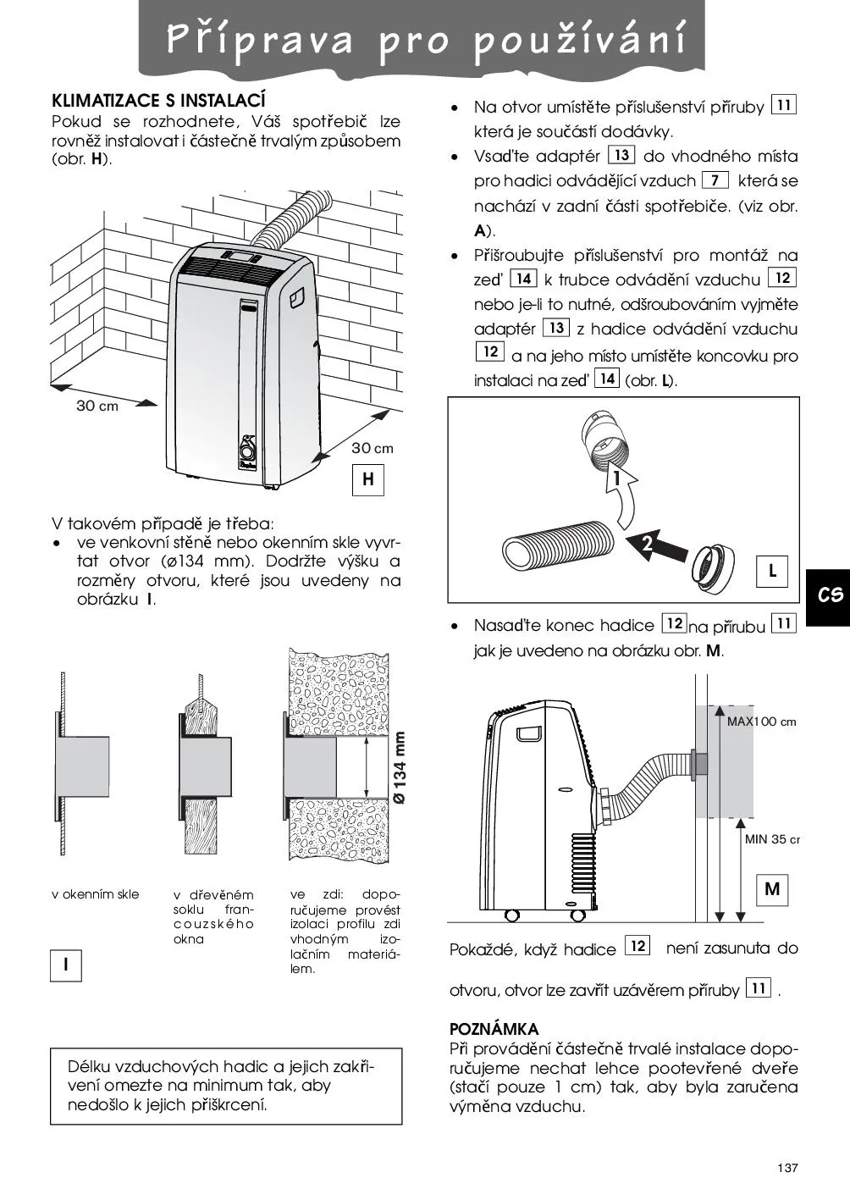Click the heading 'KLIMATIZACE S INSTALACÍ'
[159, 101]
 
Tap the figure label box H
[368, 479]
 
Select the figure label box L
[772, 571]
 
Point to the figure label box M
[772, 889]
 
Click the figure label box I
[66, 965]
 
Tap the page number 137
[787, 1169]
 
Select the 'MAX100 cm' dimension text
[761, 722]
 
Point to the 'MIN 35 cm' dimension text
[771, 839]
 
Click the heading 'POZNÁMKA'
[494, 1029]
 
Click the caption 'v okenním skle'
[96, 894]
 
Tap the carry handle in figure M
[531, 733]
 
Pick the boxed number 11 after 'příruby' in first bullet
[784, 106]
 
